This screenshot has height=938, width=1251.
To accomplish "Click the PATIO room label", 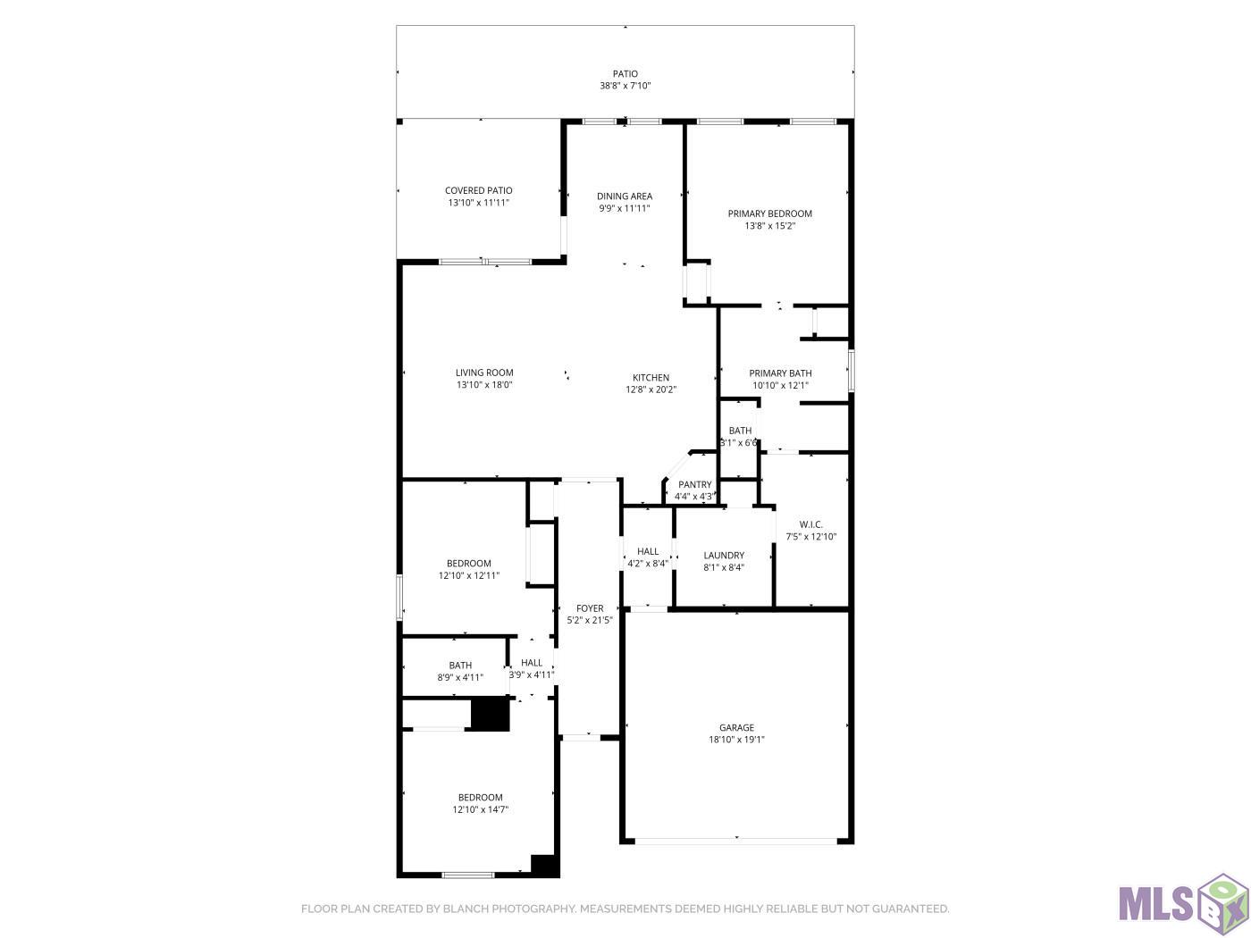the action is point(625,73).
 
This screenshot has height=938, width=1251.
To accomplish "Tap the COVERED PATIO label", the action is point(478,190).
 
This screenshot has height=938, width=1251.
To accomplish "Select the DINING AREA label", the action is point(624,196).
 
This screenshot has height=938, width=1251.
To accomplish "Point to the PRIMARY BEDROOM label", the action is point(769,214).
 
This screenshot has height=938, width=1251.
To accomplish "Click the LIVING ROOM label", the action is point(484,373).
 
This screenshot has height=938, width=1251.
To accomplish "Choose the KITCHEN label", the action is point(651,378).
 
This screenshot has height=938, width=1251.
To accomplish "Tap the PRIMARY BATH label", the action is point(780,373).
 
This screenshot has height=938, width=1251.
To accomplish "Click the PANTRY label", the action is point(694,485).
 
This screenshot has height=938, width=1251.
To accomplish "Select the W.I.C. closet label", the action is point(810,524).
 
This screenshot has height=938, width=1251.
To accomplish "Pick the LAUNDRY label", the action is point(723,556).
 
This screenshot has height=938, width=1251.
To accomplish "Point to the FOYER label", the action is point(589,608).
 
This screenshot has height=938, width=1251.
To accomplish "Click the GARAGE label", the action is point(735,727).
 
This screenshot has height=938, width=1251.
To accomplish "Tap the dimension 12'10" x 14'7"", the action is point(480,809).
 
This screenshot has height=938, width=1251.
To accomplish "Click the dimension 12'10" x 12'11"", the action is point(468,575).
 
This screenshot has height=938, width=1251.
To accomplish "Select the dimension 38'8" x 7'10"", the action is point(625,86).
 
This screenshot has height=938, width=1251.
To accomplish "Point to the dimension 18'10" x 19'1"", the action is point(735,740).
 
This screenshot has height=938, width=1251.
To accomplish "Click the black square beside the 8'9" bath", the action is point(491,714).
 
